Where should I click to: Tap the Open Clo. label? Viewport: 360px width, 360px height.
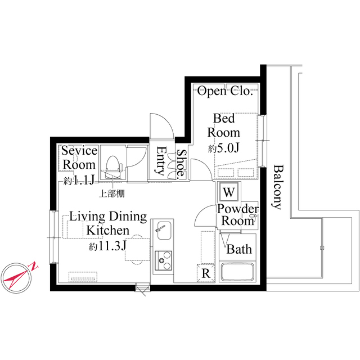pos(225,91)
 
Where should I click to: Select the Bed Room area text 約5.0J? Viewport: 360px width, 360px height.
pos(224,148)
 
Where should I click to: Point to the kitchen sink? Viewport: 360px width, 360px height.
pos(163,230)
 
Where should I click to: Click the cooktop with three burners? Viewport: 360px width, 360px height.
pos(164,260)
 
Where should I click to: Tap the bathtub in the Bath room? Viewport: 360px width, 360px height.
pos(237,272)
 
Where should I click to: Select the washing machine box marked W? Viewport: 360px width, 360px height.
pos(229,192)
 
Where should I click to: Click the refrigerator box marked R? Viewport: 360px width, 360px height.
pos(206,273)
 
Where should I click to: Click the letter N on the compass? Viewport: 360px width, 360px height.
pos(34,266)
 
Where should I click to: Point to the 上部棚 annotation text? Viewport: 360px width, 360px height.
pos(112,193)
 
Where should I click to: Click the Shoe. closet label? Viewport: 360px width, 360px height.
pos(182,164)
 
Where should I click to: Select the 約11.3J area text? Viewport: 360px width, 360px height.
pos(107,246)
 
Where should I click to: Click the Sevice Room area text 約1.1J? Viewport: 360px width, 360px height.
pos(79,181)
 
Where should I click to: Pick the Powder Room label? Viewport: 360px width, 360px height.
pos(238,215)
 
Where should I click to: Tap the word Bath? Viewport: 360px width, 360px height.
pos(239,249)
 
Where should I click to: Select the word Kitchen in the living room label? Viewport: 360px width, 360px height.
pos(108,230)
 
